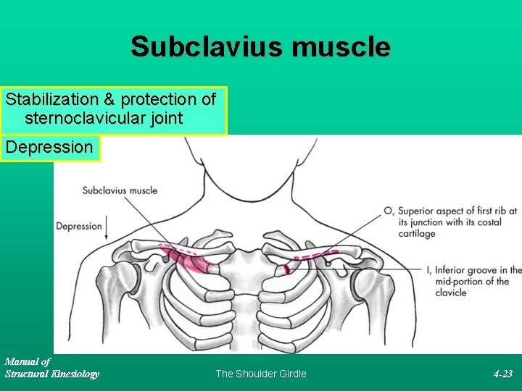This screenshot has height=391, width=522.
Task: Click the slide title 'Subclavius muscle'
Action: pyautogui.click(x=260, y=48)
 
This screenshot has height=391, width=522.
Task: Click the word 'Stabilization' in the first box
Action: pyautogui.click(x=51, y=99)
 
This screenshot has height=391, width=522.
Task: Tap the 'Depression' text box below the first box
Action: pyautogui.click(x=49, y=148)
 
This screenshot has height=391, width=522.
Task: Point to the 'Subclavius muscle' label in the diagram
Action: pyautogui.click(x=120, y=190)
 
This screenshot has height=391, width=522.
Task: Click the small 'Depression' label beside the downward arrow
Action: pyautogui.click(x=79, y=226)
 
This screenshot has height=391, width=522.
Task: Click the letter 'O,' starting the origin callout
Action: pyautogui.click(x=389, y=211)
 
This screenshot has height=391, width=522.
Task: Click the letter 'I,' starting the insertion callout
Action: pyautogui.click(x=428, y=269)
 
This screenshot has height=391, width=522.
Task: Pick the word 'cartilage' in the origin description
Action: pyautogui.click(x=417, y=234)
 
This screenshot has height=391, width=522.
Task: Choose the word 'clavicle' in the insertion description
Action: pyautogui.click(x=450, y=293)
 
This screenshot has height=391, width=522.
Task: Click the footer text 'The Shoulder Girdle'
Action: pyautogui.click(x=261, y=374)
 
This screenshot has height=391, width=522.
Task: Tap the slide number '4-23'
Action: pyautogui.click(x=502, y=374)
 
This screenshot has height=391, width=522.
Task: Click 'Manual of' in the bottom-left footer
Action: pyautogui.click(x=28, y=361)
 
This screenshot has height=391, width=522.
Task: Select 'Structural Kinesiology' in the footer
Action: pyautogui.click(x=51, y=374)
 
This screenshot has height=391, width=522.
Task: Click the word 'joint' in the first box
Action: pyautogui.click(x=163, y=118)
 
